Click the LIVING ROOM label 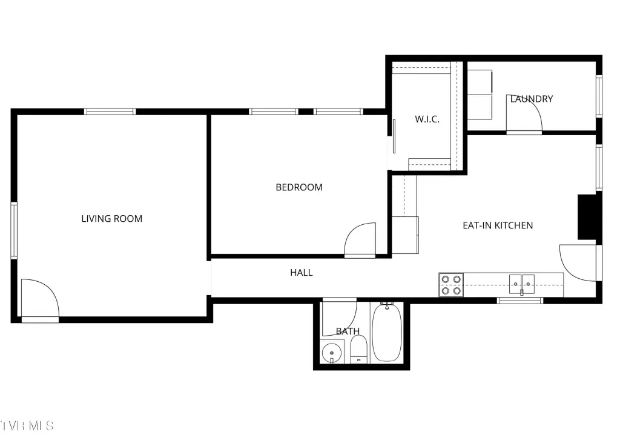112,218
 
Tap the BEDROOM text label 299,187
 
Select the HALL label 302,272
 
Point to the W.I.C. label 427,119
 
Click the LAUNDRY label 532,99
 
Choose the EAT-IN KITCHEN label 498,225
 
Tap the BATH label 348,331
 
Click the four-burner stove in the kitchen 451,285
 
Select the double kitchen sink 522,284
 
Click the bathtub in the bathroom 387,331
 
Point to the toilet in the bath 359,349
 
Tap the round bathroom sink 332,352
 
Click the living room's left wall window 14,230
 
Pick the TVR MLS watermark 27,426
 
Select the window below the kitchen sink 520,301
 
